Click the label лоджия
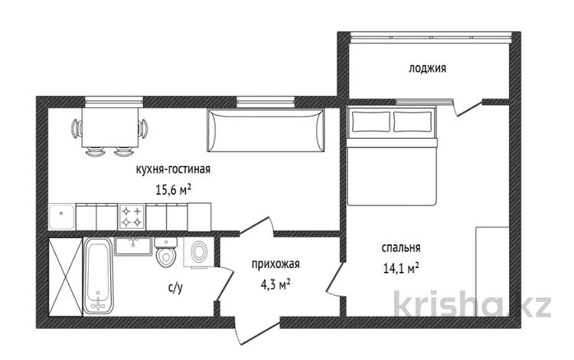(x=427, y=68)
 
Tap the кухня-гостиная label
(x=173, y=169)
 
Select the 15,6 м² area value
(x=174, y=190)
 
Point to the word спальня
(x=401, y=248)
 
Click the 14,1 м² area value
(x=401, y=268)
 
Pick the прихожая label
(x=276, y=264)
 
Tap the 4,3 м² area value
(x=276, y=285)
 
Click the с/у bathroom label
(x=175, y=288)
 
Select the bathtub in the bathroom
(x=99, y=276)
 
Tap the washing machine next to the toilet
(x=199, y=253)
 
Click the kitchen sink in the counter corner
(x=62, y=217)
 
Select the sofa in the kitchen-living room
(x=266, y=130)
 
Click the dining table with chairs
(x=109, y=131)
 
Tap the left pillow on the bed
(x=371, y=122)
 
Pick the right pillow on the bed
(x=413, y=122)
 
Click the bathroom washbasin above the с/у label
(x=132, y=246)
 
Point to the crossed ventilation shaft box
(x=66, y=277)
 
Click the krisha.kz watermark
(x=472, y=303)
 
